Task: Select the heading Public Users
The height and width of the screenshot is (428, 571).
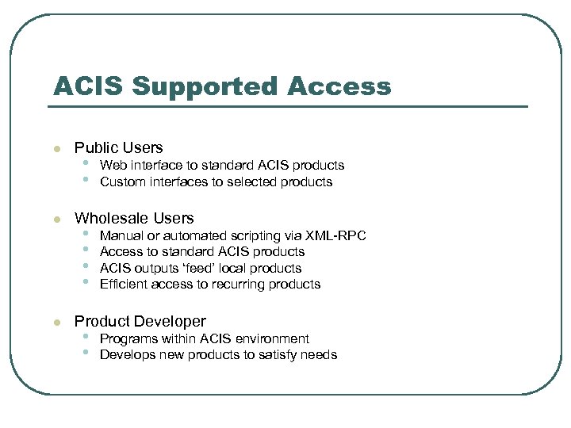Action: click(x=118, y=147)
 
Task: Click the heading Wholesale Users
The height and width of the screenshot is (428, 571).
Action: click(x=134, y=218)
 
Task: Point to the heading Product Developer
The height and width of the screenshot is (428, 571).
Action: click(x=140, y=321)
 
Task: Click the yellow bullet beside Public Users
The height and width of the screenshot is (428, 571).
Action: click(x=55, y=149)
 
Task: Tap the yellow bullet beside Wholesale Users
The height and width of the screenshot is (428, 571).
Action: click(x=55, y=220)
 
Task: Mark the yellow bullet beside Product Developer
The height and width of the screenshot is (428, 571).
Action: click(x=55, y=323)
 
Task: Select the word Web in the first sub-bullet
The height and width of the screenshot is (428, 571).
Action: click(x=112, y=166)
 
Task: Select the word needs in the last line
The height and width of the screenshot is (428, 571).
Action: click(x=319, y=354)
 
